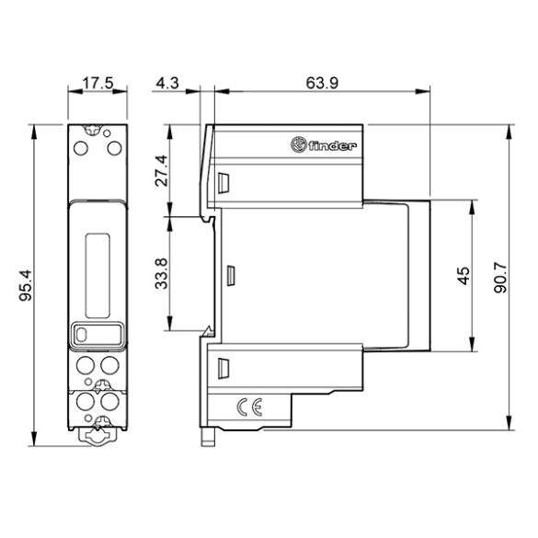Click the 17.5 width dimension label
(x=97, y=84)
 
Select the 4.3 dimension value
(x=167, y=84)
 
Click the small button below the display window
(x=83, y=337)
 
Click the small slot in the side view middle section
(x=231, y=274)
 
